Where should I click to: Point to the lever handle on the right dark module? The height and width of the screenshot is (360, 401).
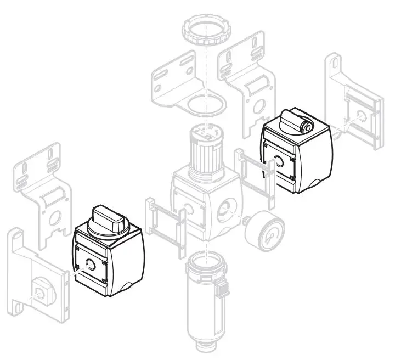tap(296, 122)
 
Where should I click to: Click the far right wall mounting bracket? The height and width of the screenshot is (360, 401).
tap(354, 104)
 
